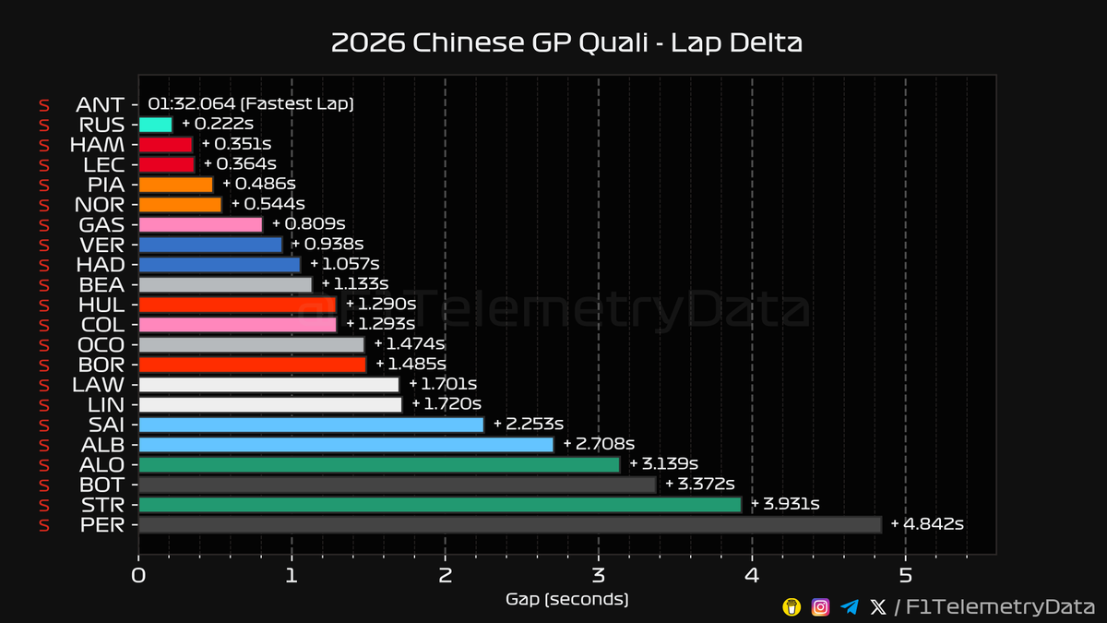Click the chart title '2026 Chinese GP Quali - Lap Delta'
566,43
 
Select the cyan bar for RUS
155,125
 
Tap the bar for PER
509,525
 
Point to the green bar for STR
439,505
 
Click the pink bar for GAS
200,224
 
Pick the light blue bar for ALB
345,445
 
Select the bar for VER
210,245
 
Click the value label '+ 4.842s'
927,524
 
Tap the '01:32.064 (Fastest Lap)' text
251,104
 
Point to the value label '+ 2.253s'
528,425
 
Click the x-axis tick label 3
599,575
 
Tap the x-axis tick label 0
138,575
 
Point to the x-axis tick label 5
905,575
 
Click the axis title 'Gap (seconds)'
566,600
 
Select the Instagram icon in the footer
820,606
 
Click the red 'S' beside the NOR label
42,205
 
